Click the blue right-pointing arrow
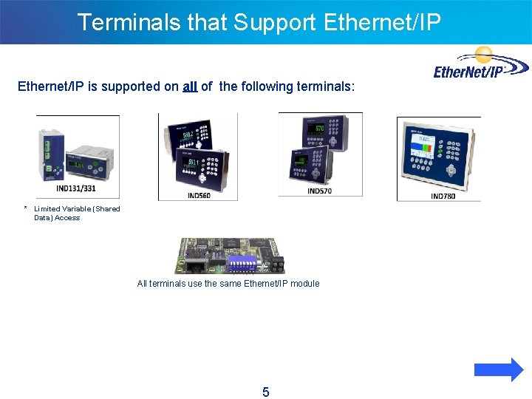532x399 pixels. [x=498, y=369]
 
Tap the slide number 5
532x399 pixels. [x=266, y=392]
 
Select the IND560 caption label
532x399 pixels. [x=199, y=195]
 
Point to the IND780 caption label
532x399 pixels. [x=443, y=196]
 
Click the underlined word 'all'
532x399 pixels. [x=190, y=86]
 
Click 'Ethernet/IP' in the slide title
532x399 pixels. [x=382, y=22]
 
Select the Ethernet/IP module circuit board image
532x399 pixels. [x=229, y=256]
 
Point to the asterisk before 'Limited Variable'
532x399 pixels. [x=25, y=209]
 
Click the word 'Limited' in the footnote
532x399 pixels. [x=47, y=209]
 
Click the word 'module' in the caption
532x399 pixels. [x=304, y=283]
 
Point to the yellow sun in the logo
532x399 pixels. [x=484, y=54]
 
